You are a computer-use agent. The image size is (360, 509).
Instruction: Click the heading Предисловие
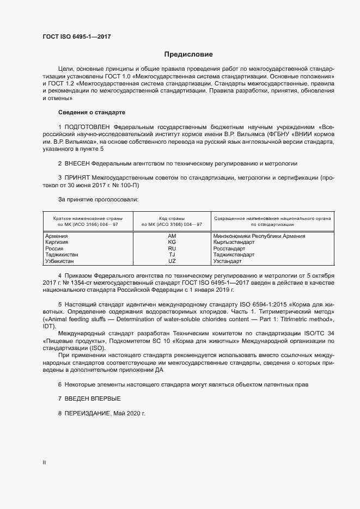point(188,54)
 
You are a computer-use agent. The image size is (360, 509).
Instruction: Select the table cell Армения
point(57,236)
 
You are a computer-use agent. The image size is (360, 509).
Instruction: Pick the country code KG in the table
point(172,242)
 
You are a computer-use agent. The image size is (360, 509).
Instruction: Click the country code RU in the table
point(172,248)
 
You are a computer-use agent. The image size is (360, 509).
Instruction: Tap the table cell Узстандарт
point(229,261)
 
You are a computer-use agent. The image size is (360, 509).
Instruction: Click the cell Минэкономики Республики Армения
point(259,236)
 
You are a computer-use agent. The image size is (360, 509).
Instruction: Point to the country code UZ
point(172,261)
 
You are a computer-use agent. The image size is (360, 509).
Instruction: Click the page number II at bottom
point(44,462)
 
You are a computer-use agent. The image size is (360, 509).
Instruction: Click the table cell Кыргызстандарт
point(235,242)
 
